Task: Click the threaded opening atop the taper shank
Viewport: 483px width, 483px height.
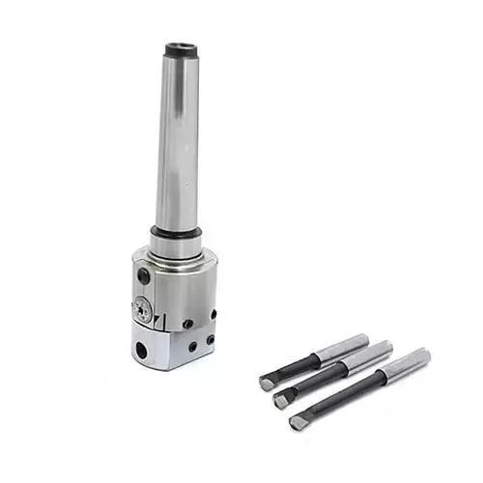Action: point(179,49)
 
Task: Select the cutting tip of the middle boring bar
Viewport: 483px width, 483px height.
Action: point(281,399)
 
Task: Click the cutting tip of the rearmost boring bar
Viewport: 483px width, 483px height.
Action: point(266,384)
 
